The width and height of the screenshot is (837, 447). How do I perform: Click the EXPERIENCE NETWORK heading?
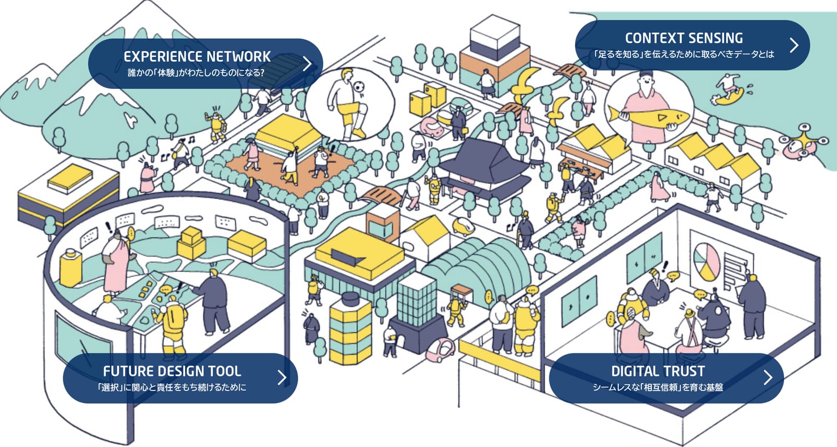pos(197,57)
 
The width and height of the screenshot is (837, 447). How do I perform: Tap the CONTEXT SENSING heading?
pos(684,38)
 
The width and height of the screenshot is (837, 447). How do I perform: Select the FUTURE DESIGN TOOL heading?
pos(172,371)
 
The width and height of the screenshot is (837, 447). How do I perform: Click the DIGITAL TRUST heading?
pos(658,371)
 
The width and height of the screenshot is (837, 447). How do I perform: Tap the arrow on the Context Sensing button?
pos(795,45)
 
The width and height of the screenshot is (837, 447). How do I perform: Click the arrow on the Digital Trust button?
pos(768,377)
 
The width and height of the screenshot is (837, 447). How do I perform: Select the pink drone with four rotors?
pos(804,143)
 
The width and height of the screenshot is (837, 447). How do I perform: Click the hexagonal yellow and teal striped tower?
pos(350,329)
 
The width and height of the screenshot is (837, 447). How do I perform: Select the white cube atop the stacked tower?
pos(494,32)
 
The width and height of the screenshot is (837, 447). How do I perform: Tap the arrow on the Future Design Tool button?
pos(282,377)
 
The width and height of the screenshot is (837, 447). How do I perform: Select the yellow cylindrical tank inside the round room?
pos(71,267)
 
